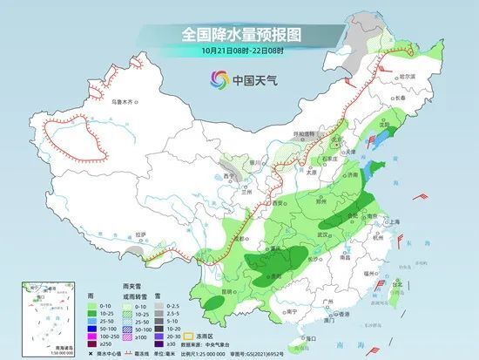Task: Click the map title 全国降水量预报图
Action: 240,36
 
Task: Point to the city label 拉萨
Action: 140,234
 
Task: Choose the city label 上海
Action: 398,222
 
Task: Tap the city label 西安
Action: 280,201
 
